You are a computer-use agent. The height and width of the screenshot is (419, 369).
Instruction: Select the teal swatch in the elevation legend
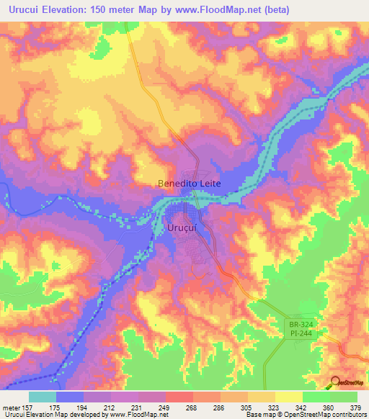(x=43, y=397)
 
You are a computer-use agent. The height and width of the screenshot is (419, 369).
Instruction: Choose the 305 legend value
(x=246, y=407)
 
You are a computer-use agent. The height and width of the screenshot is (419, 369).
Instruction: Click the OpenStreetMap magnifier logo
(x=335, y=381)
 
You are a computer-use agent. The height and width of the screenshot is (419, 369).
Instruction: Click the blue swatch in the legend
(x=70, y=397)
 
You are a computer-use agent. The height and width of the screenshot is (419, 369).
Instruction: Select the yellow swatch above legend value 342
(x=289, y=397)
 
